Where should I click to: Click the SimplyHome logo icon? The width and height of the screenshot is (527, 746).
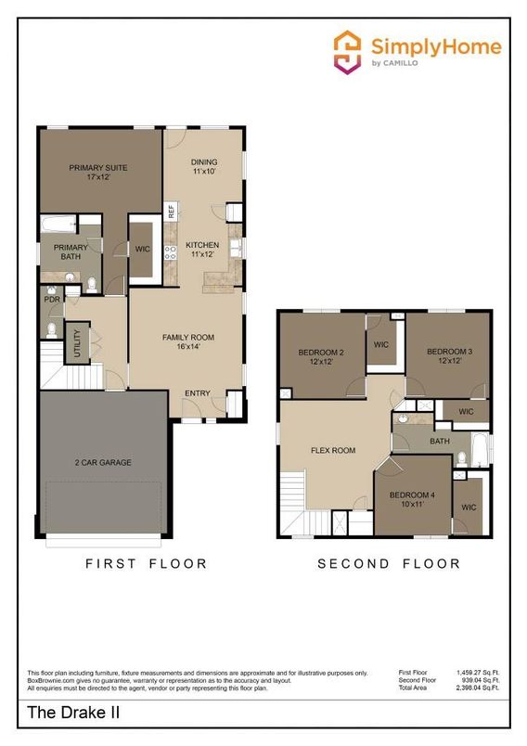pyautogui.click(x=348, y=50)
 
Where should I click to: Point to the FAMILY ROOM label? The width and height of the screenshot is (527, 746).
pyautogui.click(x=188, y=341)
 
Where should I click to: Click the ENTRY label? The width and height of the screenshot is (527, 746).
pyautogui.click(x=197, y=393)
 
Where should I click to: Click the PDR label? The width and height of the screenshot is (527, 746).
pyautogui.click(x=51, y=300)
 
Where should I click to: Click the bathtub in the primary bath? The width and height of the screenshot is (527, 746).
pyautogui.click(x=58, y=225)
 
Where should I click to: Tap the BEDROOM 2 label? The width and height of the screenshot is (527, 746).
pyautogui.click(x=321, y=356)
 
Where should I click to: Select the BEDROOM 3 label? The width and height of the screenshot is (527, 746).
pyautogui.click(x=450, y=356)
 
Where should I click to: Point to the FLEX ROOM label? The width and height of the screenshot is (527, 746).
pyautogui.click(x=333, y=451)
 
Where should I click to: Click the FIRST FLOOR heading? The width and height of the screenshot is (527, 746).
pyautogui.click(x=147, y=563)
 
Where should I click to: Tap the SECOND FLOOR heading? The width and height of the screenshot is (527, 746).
pyautogui.click(x=389, y=563)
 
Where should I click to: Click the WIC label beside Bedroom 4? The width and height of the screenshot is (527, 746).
pyautogui.click(x=469, y=508)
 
